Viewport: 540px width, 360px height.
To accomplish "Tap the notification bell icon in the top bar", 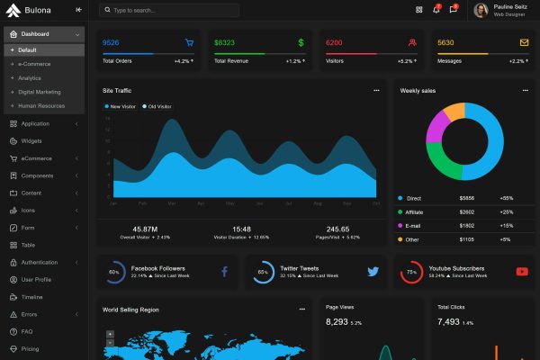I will [x=436, y=10].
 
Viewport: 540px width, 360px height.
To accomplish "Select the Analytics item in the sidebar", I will [x=30, y=78].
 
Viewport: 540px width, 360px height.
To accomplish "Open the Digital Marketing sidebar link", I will [x=40, y=92].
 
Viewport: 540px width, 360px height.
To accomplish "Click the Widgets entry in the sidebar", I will [x=31, y=141].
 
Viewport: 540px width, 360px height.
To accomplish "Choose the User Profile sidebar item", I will [x=36, y=279].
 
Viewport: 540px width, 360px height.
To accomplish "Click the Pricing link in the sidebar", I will [x=30, y=348].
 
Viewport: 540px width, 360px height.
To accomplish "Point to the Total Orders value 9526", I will [x=111, y=42].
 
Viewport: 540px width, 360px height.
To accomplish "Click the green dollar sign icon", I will [x=301, y=42].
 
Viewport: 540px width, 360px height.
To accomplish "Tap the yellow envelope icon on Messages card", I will [x=524, y=42].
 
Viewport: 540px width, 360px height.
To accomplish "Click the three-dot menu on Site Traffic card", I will [x=376, y=91].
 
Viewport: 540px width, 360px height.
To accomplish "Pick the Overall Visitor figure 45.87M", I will [x=145, y=229].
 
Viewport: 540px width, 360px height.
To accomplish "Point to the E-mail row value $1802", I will [x=466, y=225].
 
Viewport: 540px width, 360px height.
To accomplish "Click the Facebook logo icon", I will [x=224, y=271].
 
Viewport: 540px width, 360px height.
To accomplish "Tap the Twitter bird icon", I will [x=373, y=271].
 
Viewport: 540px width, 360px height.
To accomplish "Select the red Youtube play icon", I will [x=522, y=271].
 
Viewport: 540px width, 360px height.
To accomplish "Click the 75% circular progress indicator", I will [x=410, y=272].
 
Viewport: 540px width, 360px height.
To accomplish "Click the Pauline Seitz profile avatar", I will [x=481, y=11].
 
